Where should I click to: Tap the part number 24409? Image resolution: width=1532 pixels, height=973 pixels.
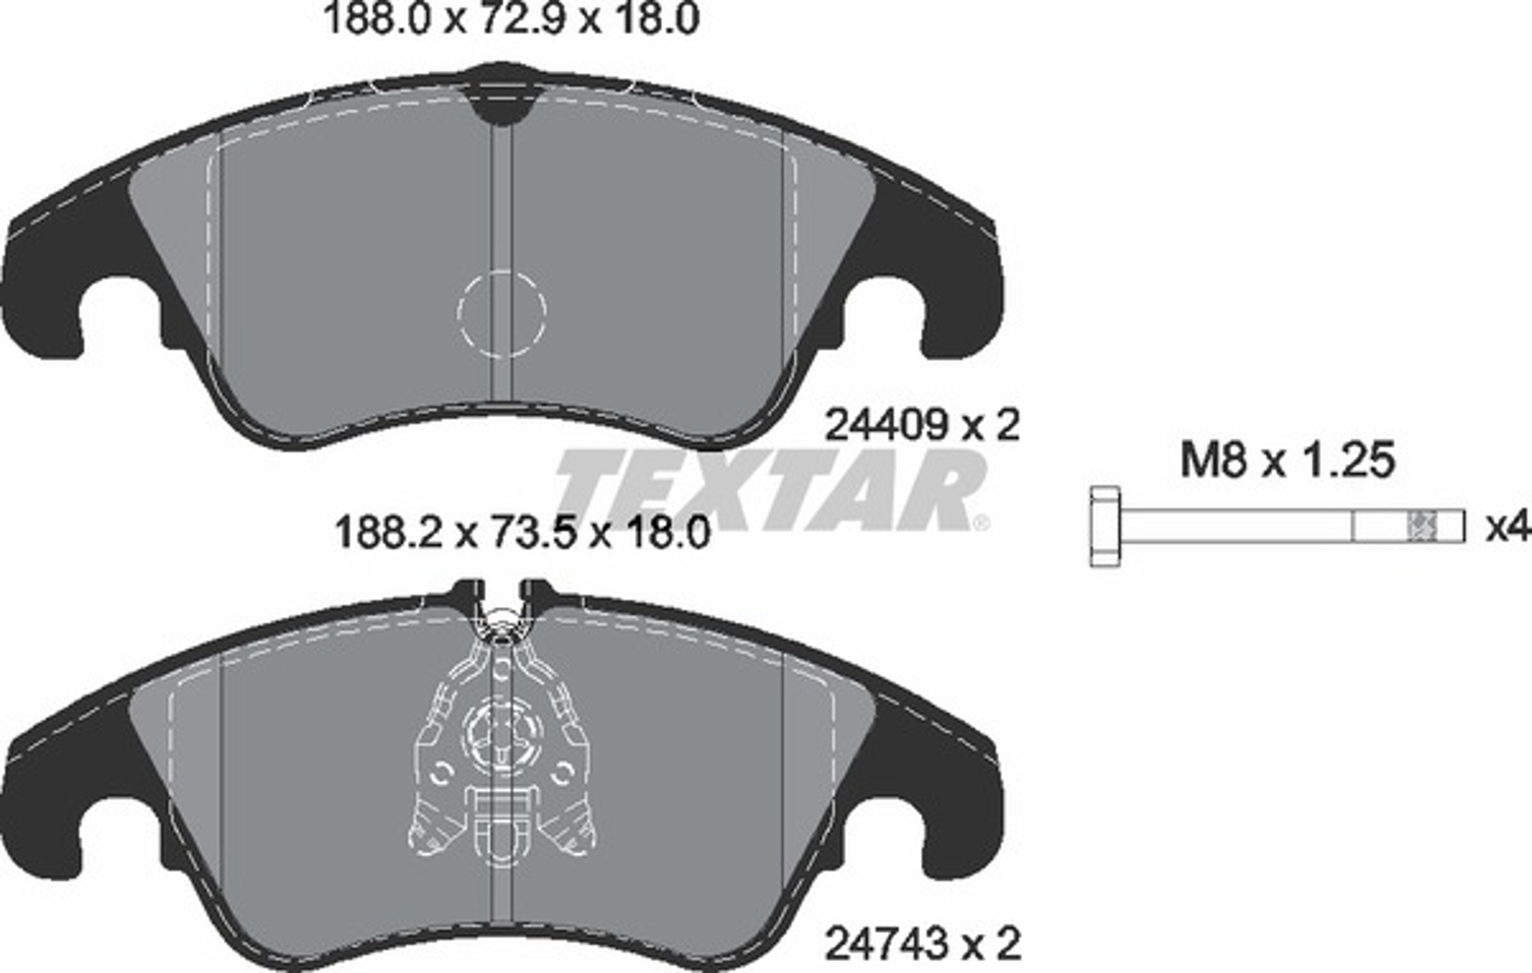coord(884,425)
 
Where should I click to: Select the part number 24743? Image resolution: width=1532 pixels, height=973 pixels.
coord(884,944)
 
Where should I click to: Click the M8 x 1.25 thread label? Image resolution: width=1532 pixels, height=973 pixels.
coord(1288,460)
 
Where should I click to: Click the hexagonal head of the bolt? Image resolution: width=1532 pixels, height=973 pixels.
coord(1105,526)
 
